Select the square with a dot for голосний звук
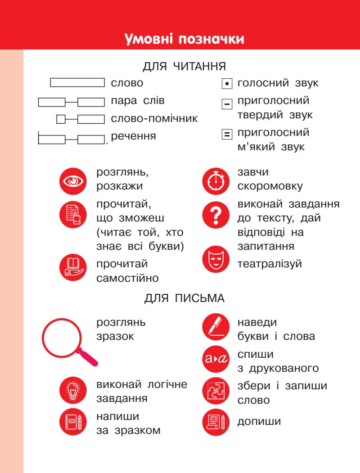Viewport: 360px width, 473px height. pos(226,84)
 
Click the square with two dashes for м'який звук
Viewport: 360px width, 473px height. pos(226,134)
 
